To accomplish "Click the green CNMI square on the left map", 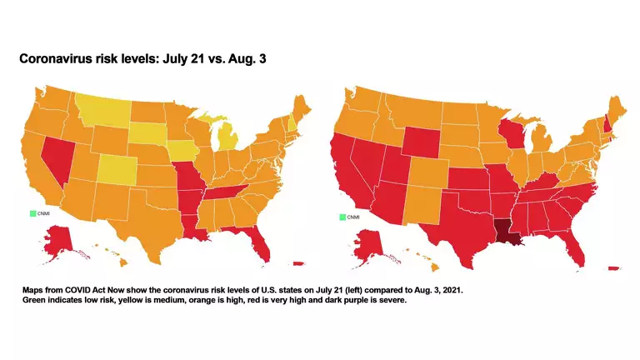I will pos(33,215).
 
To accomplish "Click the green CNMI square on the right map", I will pos(342,217).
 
